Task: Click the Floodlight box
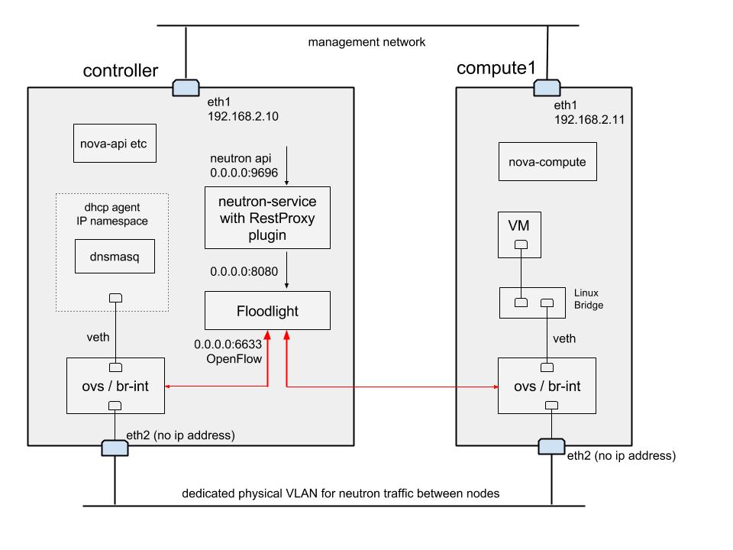click(267, 310)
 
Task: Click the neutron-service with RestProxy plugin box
click(267, 217)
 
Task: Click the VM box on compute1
click(519, 233)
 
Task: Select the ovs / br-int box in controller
click(115, 386)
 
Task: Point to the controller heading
click(120, 71)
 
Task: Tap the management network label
click(366, 42)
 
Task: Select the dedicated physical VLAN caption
click(341, 493)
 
